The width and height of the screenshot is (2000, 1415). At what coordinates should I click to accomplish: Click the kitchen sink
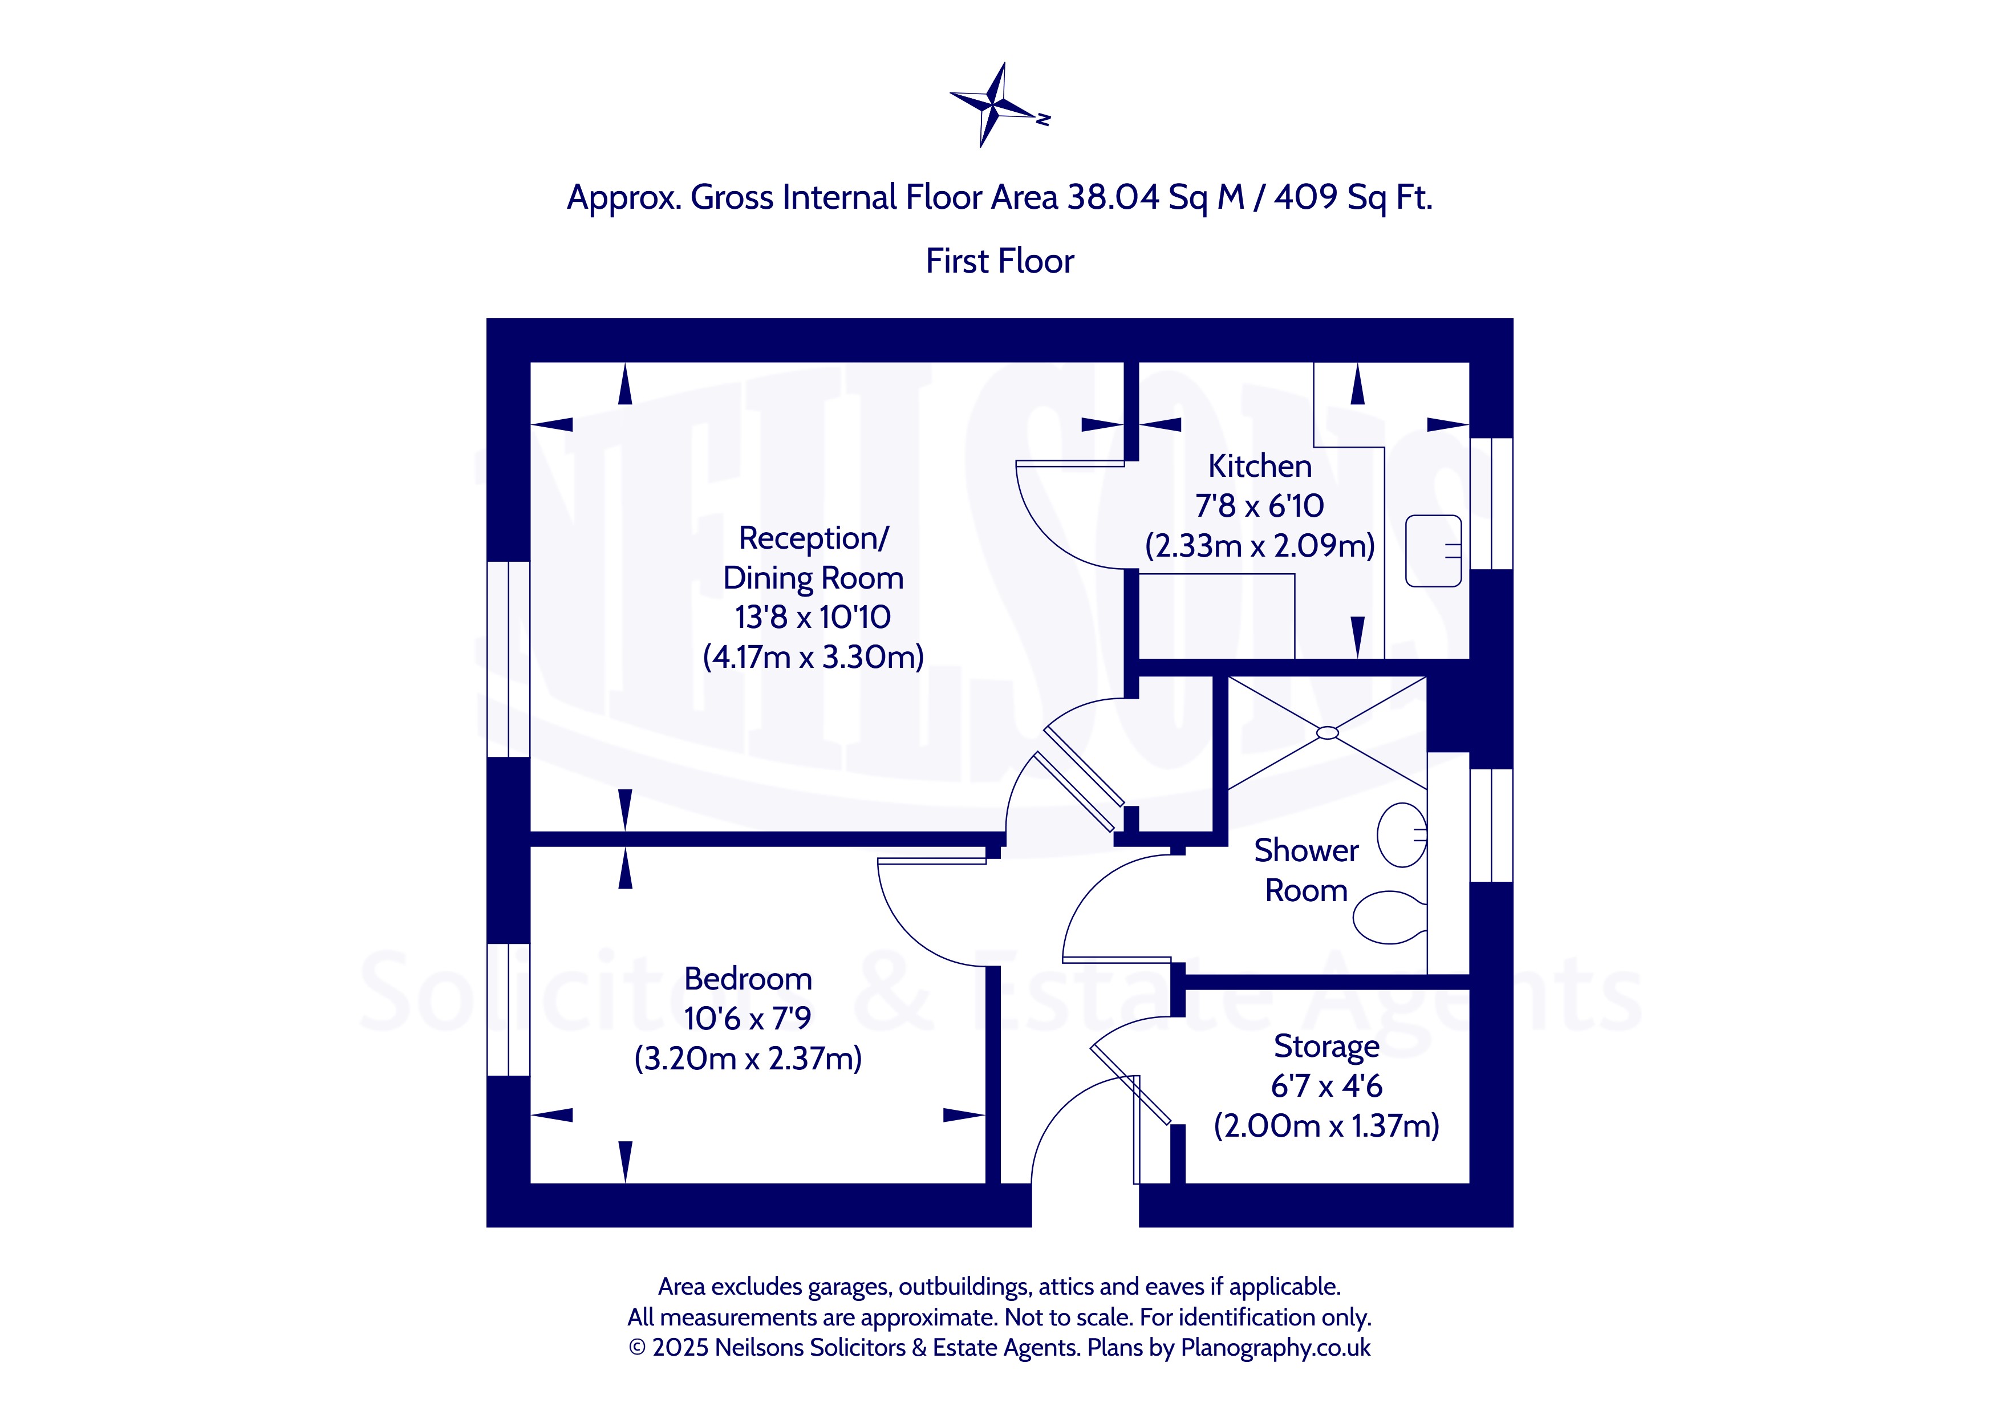coord(1433,551)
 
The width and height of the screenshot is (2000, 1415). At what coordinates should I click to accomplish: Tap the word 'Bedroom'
coord(748,979)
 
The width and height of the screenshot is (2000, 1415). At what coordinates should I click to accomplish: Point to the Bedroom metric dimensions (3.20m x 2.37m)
coord(748,1059)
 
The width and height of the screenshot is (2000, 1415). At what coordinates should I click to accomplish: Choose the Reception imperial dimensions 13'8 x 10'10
coord(812,617)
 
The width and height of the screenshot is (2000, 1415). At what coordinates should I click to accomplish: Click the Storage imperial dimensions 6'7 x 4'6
coord(1326,1086)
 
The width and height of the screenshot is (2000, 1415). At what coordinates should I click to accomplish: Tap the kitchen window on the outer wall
coord(1491,504)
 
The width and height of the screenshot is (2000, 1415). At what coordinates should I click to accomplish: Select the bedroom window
coord(508,1010)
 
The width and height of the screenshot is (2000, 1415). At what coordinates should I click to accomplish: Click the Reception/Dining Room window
coord(508,659)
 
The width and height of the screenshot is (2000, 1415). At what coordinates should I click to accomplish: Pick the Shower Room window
coord(1491,825)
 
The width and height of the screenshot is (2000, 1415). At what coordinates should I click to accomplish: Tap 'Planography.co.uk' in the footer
coord(1275,1348)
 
